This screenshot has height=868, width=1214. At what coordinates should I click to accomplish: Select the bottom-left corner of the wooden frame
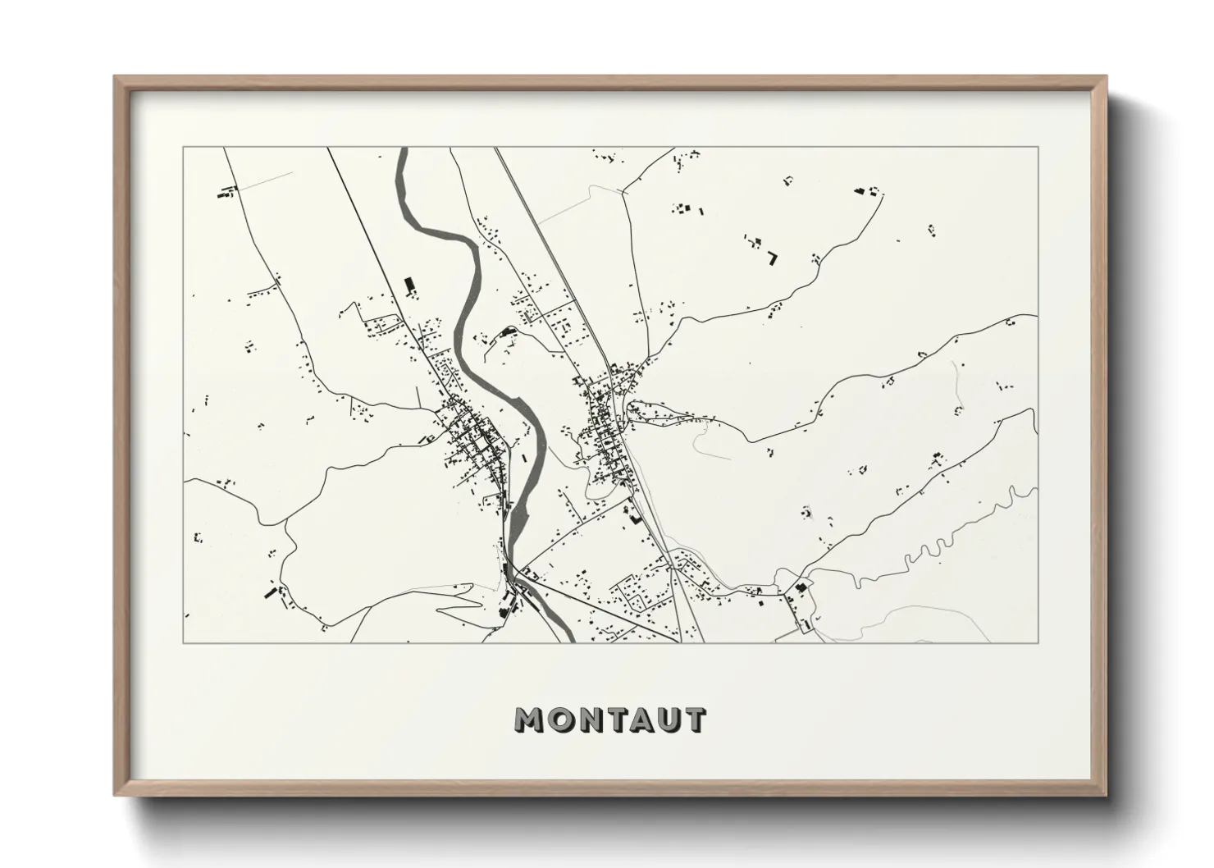[x=116, y=795]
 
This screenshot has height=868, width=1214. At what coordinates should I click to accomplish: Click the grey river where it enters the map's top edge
[x=402, y=151]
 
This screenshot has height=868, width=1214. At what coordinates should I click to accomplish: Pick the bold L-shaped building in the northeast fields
[x=773, y=258]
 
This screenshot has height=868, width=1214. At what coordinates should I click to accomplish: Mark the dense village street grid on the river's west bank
[x=472, y=439]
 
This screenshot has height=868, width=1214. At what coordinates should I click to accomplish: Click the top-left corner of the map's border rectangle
[x=183, y=148]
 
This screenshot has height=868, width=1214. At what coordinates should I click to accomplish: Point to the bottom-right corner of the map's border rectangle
[x=1038, y=642]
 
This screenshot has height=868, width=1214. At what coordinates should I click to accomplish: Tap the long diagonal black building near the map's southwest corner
[x=268, y=592]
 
